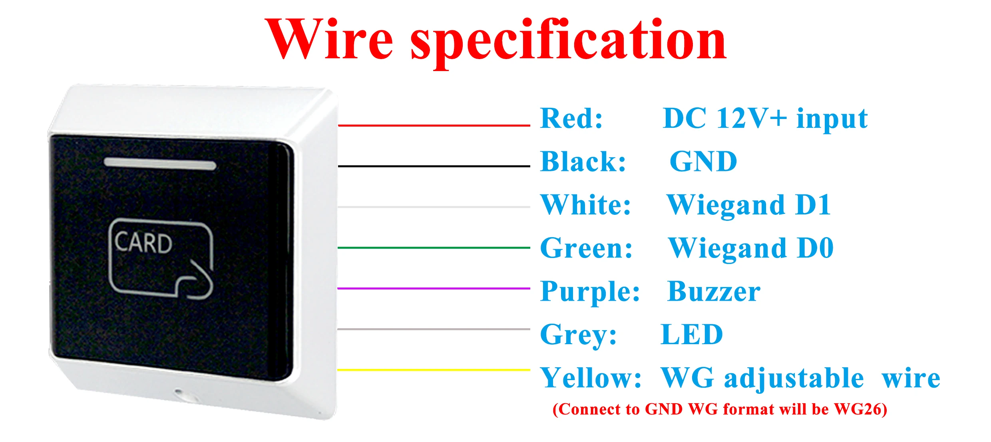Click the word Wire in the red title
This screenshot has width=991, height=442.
click(x=328, y=40)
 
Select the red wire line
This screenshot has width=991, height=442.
click(x=434, y=125)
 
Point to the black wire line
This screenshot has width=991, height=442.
click(x=434, y=166)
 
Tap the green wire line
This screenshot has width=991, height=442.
click(x=434, y=248)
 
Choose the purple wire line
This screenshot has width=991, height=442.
click(x=434, y=288)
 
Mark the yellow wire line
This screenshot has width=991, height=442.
click(x=434, y=370)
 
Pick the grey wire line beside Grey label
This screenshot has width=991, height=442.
click(x=434, y=329)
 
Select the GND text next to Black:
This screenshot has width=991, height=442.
click(x=703, y=162)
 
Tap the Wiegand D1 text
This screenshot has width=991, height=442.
click(x=749, y=205)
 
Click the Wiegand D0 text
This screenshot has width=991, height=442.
click(x=751, y=248)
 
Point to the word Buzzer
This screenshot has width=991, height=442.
click(x=714, y=291)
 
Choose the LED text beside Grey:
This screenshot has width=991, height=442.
click(x=692, y=335)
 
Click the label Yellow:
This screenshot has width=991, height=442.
click(x=591, y=378)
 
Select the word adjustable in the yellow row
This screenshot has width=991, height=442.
click(x=794, y=378)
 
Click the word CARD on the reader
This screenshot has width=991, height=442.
click(x=143, y=243)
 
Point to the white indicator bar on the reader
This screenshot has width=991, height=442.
click(x=160, y=164)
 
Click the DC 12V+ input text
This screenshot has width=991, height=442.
click(x=765, y=119)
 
